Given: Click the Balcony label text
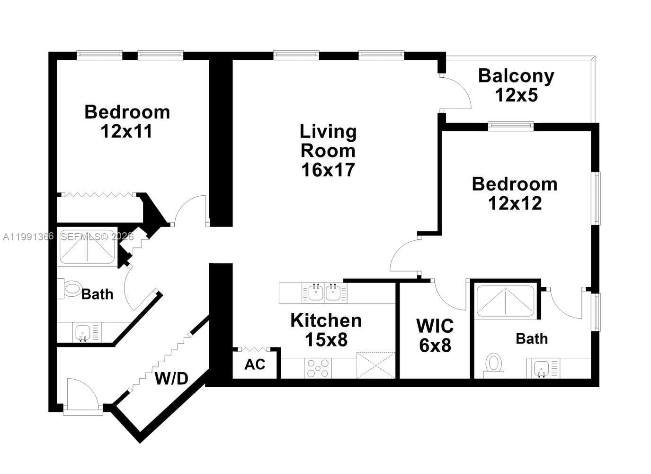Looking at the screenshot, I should (516, 76).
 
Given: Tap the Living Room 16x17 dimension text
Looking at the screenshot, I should (328, 170).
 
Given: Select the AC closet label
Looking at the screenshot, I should (255, 365).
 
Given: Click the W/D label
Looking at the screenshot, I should (171, 378).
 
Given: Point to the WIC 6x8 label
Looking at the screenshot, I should (435, 336).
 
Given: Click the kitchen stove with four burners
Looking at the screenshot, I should (318, 368).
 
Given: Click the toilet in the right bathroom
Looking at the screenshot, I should (494, 364).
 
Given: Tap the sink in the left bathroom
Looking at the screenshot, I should (83, 332).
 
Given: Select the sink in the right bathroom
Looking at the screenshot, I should (541, 368).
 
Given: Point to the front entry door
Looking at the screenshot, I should (81, 393).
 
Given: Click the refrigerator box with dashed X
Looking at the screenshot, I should (375, 365).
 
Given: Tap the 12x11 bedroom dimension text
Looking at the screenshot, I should (126, 131).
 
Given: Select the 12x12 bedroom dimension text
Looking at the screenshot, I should (515, 203).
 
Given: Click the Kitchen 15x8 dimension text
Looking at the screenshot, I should (326, 339).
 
